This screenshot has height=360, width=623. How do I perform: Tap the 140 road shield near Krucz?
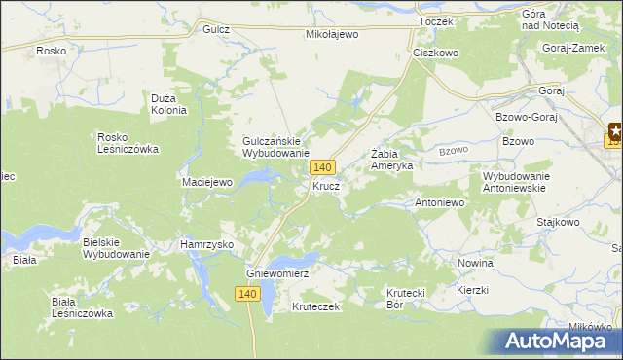325,168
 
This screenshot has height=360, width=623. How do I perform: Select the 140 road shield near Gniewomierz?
247,294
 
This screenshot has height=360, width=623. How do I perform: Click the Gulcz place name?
216,30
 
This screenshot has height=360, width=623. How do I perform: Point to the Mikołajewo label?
332,33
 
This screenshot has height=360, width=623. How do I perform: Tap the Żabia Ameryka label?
392,160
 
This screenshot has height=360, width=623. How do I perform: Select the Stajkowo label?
558,222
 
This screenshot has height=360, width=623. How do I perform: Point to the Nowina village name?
475,263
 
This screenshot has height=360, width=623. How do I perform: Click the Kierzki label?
471,290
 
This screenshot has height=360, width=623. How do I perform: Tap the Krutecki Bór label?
408,298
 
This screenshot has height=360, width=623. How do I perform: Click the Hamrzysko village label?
206,245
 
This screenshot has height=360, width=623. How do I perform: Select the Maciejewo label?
206,182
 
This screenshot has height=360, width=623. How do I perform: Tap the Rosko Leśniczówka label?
128,143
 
